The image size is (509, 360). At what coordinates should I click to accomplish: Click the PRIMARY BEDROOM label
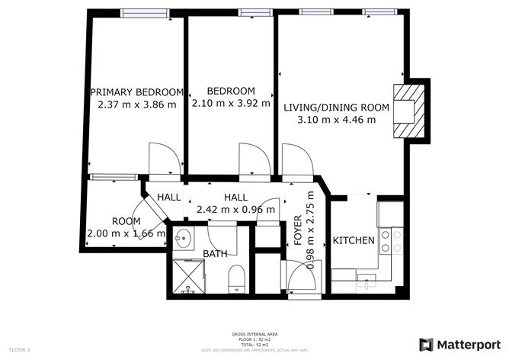pyautogui.click(x=137, y=92)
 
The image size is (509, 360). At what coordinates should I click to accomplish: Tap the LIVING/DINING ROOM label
pyautogui.click(x=336, y=108)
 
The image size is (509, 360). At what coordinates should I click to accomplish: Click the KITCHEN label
pyautogui.click(x=354, y=241)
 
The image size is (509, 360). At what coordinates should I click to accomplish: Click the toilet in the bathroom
pyautogui.click(x=236, y=278)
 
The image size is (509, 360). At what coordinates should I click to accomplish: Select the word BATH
pyautogui.click(x=215, y=254)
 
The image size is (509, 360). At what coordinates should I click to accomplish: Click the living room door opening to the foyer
pyautogui.click(x=296, y=160)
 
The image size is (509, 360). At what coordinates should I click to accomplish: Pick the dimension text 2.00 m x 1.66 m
pyautogui.click(x=126, y=234)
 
